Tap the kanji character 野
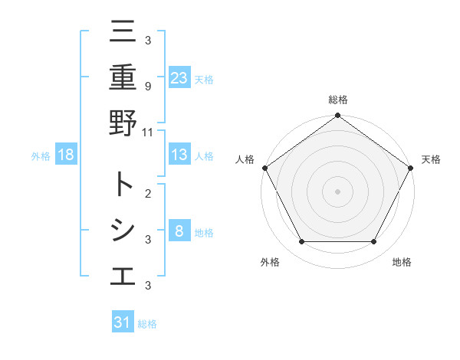click(x=123, y=123)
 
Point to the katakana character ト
click(x=123, y=185)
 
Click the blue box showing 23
click(x=179, y=77)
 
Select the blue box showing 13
click(x=179, y=155)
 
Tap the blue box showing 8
click(x=179, y=231)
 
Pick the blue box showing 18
click(x=66, y=155)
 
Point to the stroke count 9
click(x=147, y=86)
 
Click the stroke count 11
click(x=148, y=132)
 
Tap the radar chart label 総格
click(x=338, y=100)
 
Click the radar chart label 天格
click(x=432, y=159)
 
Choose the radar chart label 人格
click(x=245, y=159)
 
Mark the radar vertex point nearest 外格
click(x=301, y=242)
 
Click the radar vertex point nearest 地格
click(x=374, y=242)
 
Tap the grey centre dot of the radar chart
click(x=338, y=191)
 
